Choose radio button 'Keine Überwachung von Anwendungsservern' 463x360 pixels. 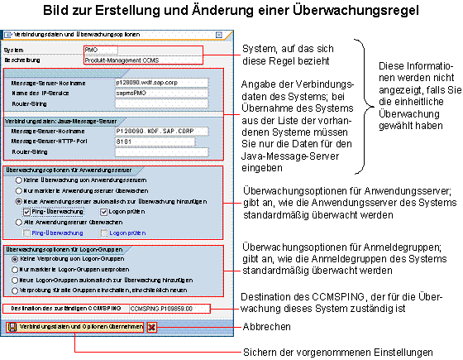coord(10,179)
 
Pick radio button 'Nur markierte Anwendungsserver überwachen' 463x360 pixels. coord(10,190)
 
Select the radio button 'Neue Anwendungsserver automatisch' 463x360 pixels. coord(10,200)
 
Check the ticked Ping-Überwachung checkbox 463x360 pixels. coord(27,211)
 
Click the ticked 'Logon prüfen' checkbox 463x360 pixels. coord(104,211)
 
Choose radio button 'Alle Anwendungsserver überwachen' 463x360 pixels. coord(10,222)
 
